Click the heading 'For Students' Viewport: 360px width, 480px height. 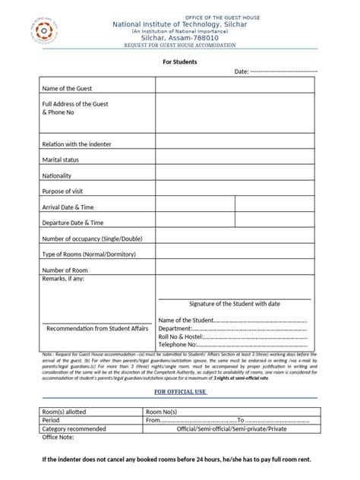180,61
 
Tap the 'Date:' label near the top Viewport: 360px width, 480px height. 242,71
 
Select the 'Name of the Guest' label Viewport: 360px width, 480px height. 68,89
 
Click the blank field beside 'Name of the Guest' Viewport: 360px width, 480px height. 235,85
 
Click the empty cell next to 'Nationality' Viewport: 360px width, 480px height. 235,175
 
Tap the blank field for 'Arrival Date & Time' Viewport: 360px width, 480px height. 235,207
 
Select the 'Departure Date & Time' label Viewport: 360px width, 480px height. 73,223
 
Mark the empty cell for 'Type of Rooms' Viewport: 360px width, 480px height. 235,254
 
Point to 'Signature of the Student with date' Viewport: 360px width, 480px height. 235,304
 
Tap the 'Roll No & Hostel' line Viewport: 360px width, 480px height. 232,336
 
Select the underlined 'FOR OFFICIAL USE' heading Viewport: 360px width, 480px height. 180,391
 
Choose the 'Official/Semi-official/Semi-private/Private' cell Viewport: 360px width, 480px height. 232,428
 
